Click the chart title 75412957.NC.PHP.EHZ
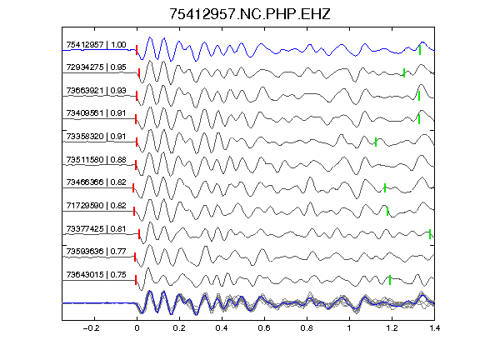[250, 14]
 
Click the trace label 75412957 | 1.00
[96, 45]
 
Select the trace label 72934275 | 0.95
[96, 67]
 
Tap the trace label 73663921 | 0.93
[96, 91]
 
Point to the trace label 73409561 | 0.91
[96, 113]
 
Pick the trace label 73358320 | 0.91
[96, 137]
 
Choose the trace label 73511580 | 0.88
[96, 160]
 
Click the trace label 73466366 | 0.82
[96, 182]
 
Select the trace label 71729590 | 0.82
[96, 205]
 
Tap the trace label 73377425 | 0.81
[96, 229]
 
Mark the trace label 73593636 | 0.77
[96, 252]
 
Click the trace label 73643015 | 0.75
[96, 275]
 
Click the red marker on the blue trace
[137, 50]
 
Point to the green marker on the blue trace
[420, 50]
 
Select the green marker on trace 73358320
[376, 142]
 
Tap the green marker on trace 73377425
[430, 234]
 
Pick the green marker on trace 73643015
[390, 280]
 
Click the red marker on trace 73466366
[133, 188]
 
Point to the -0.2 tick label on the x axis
[91, 328]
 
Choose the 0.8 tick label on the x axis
[307, 328]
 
